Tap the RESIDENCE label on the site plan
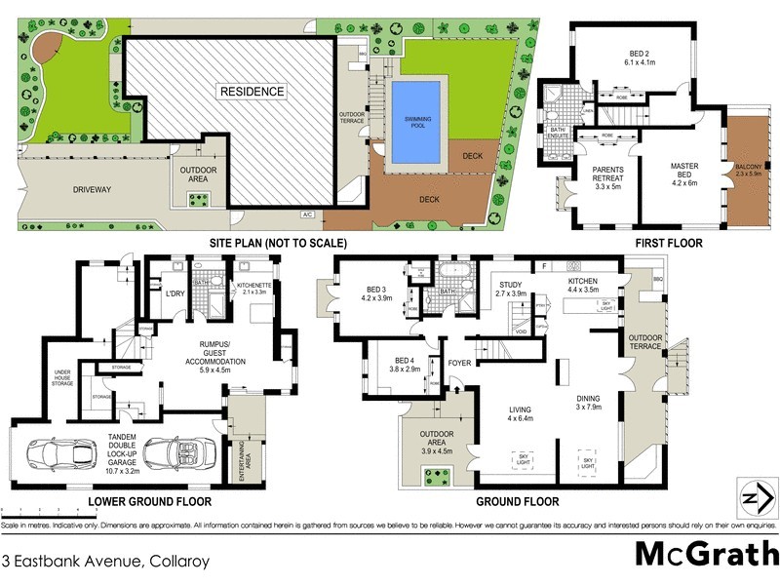[252, 92]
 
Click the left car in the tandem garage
[47, 456]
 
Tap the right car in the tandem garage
[171, 454]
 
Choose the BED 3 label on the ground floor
[376, 294]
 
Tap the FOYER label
[459, 363]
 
